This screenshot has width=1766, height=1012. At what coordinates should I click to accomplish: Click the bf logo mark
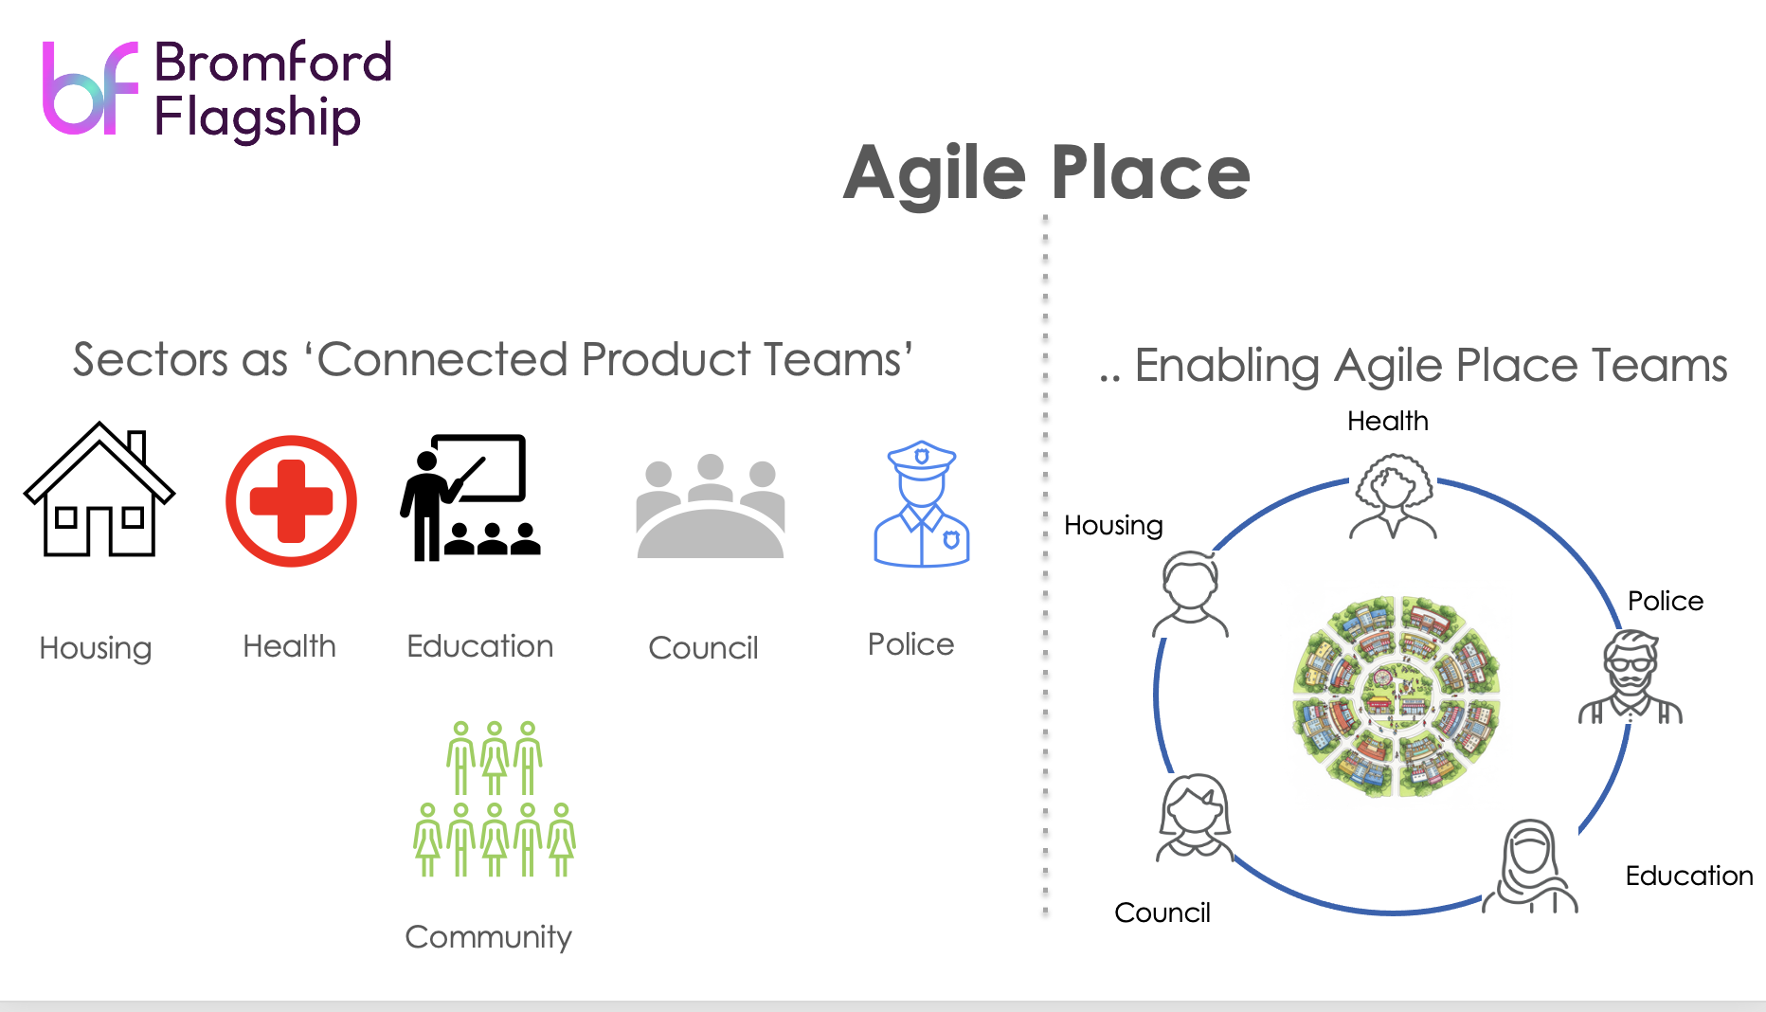click(91, 88)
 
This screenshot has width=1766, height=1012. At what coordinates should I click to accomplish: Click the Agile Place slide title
click(1047, 172)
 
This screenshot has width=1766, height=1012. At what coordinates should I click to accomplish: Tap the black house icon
click(99, 489)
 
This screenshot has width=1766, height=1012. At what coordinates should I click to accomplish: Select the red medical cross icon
click(291, 500)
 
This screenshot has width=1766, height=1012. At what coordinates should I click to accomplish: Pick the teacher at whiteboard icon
click(470, 497)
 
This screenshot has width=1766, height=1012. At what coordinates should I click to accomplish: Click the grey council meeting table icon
click(711, 506)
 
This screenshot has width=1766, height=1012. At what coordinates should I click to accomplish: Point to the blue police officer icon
click(921, 503)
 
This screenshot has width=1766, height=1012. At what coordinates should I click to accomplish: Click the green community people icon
click(495, 799)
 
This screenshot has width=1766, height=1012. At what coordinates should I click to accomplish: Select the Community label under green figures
click(488, 936)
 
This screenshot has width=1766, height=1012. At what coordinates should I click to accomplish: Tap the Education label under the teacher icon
click(479, 646)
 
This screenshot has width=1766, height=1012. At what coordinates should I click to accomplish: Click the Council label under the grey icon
click(703, 647)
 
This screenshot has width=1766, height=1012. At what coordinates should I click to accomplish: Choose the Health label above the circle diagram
click(1388, 421)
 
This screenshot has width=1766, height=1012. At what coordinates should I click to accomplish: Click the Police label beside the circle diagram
click(1666, 601)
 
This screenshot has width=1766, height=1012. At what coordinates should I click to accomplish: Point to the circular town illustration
click(1397, 696)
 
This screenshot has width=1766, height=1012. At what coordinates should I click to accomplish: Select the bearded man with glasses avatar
click(1631, 677)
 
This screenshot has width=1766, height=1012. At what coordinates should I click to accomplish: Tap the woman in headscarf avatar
click(1530, 866)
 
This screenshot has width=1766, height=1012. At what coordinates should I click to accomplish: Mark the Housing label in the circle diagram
click(1113, 525)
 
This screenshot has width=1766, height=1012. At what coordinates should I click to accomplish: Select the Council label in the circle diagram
click(1162, 913)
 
